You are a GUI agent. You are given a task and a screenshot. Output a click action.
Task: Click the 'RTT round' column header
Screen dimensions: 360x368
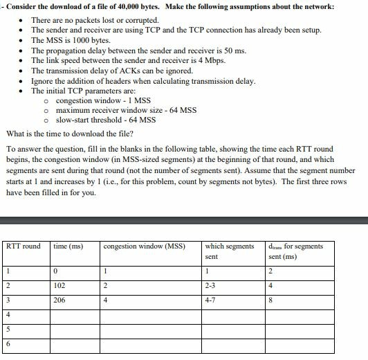[x=23, y=246]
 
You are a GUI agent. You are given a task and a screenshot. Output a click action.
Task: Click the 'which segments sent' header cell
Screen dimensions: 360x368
[x=230, y=251]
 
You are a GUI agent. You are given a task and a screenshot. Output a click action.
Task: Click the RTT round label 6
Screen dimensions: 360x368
[x=8, y=344]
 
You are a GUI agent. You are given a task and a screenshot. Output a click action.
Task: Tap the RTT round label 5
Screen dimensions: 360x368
[x=8, y=330]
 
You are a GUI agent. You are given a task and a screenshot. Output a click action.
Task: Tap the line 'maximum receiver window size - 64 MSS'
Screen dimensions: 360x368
[x=126, y=110]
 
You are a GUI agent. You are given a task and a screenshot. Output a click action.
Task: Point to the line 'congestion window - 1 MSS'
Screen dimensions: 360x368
[x=103, y=100]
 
